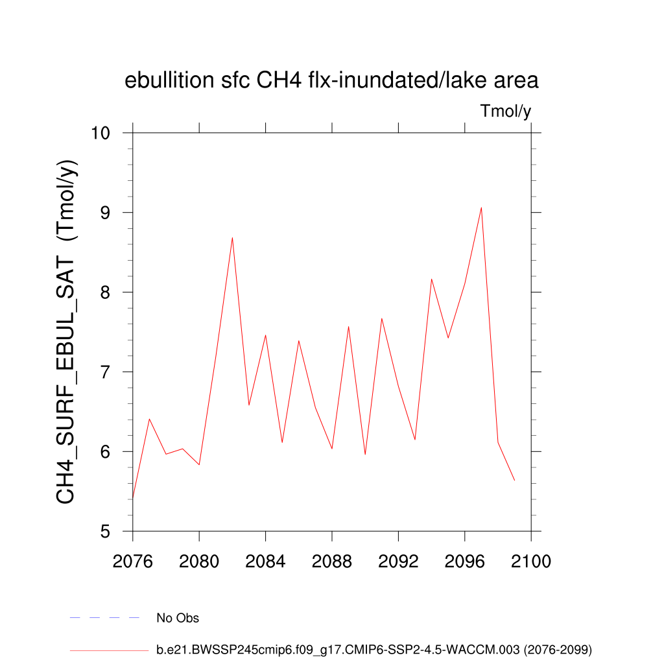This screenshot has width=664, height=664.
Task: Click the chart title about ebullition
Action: [331, 81]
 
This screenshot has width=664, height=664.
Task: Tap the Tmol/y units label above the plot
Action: [506, 112]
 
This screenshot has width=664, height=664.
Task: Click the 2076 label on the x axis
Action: [133, 561]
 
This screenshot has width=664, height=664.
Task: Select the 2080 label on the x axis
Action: [199, 561]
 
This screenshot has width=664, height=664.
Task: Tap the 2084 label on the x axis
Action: [266, 561]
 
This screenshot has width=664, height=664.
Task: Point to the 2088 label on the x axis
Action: [332, 561]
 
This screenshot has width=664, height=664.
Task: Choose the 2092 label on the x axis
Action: [398, 561]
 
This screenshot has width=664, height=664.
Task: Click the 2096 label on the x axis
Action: [465, 561]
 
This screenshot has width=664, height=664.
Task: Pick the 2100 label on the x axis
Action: [531, 561]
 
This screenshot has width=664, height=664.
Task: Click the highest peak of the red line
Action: [481, 207]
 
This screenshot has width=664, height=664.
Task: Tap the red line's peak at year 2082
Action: [232, 238]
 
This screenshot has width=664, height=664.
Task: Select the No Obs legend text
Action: [178, 618]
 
